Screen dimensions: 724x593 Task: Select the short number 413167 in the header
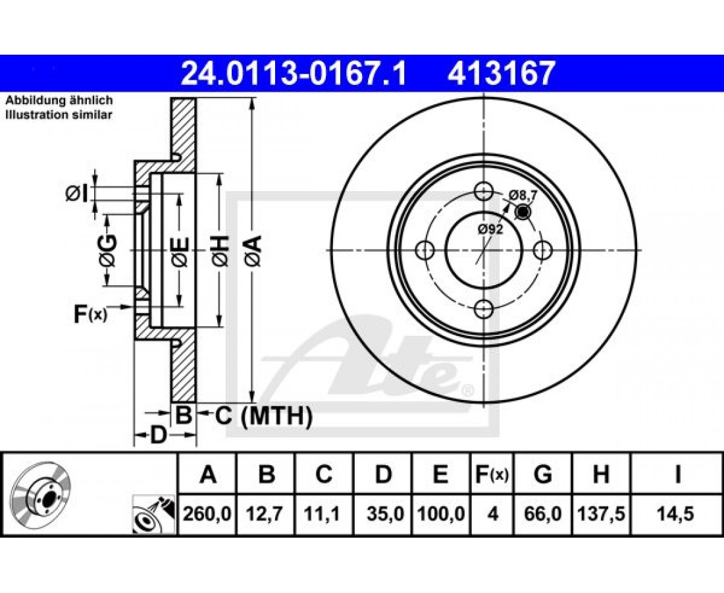pyautogui.click(x=500, y=74)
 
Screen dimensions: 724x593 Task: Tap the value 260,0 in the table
pyautogui.click(x=207, y=513)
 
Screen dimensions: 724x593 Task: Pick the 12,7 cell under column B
pyautogui.click(x=265, y=513)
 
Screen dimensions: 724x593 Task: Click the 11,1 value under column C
pyautogui.click(x=323, y=513)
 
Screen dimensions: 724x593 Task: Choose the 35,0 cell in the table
pyautogui.click(x=385, y=513)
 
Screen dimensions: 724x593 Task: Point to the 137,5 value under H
pyautogui.click(x=601, y=513)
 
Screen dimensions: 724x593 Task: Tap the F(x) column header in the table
pyautogui.click(x=492, y=474)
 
